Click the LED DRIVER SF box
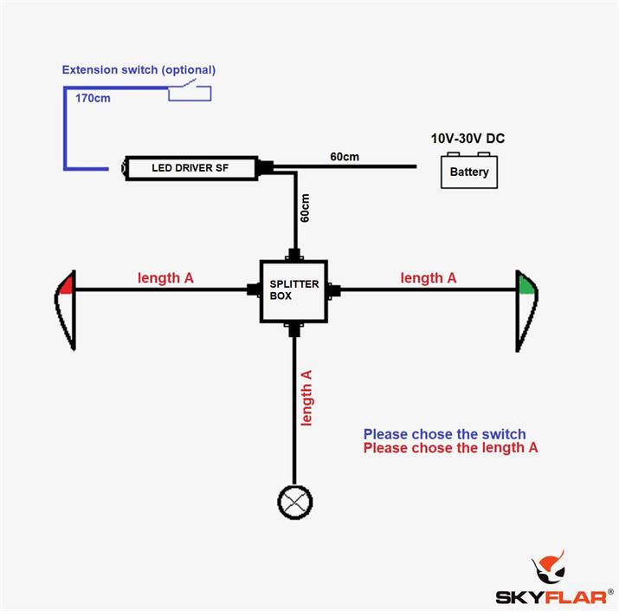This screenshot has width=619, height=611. pos(191,167)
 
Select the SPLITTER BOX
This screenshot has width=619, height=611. pos(293,290)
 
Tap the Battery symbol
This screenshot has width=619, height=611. pos(469,170)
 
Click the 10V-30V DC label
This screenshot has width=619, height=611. pos(468,138)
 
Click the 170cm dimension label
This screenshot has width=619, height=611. pos(93,98)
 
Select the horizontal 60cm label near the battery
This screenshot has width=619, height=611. pos(345,157)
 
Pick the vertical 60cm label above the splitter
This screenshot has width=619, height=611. pos(305,208)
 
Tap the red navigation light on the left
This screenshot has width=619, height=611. pos(67,309)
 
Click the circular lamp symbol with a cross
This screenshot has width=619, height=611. pos(294,500)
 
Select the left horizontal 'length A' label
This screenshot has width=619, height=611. pos(165,278)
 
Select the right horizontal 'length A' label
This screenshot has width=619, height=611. pos(428,278)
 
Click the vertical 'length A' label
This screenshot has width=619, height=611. pos(306,398)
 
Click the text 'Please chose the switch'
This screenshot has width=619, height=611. pos(444,434)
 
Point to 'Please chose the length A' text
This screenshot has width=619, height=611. pos(450,448)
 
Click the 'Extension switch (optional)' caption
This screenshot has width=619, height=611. pos(139,69)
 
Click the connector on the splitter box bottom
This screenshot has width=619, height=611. pos(294,328)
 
